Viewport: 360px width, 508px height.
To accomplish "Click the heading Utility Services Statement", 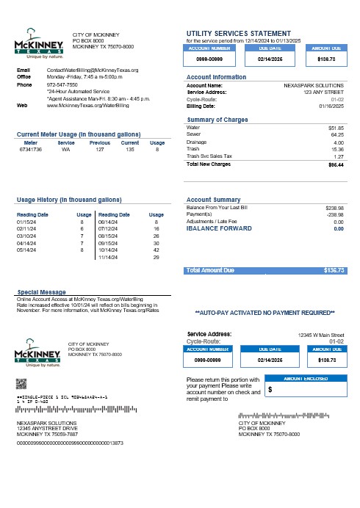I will (239, 33).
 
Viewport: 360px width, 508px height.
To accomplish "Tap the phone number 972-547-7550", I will (62, 84).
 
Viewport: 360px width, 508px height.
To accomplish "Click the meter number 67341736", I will (31, 149).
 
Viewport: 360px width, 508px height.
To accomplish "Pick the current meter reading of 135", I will (130, 149).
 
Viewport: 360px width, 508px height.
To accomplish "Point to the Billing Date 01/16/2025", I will (331, 106).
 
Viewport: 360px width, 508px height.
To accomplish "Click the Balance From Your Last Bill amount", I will (334, 208).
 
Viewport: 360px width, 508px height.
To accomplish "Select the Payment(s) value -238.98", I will (334, 214).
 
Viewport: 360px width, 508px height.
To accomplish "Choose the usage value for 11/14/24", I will (156, 258).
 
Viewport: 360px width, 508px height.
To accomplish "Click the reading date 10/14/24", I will (108, 250).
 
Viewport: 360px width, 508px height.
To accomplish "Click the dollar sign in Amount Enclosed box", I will (270, 391).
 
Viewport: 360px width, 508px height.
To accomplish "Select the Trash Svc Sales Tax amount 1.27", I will (339, 156).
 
